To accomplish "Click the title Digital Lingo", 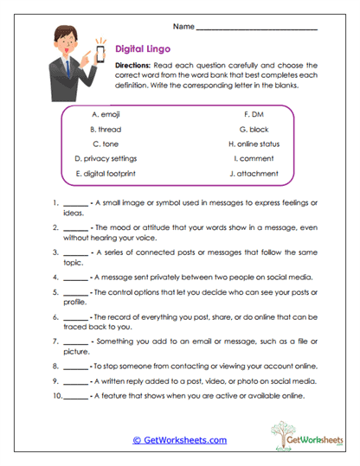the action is coord(145,49).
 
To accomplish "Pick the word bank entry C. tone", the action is coord(106,144).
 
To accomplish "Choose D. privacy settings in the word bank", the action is coord(106,158).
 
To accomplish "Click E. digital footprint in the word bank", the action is coord(106,174).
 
